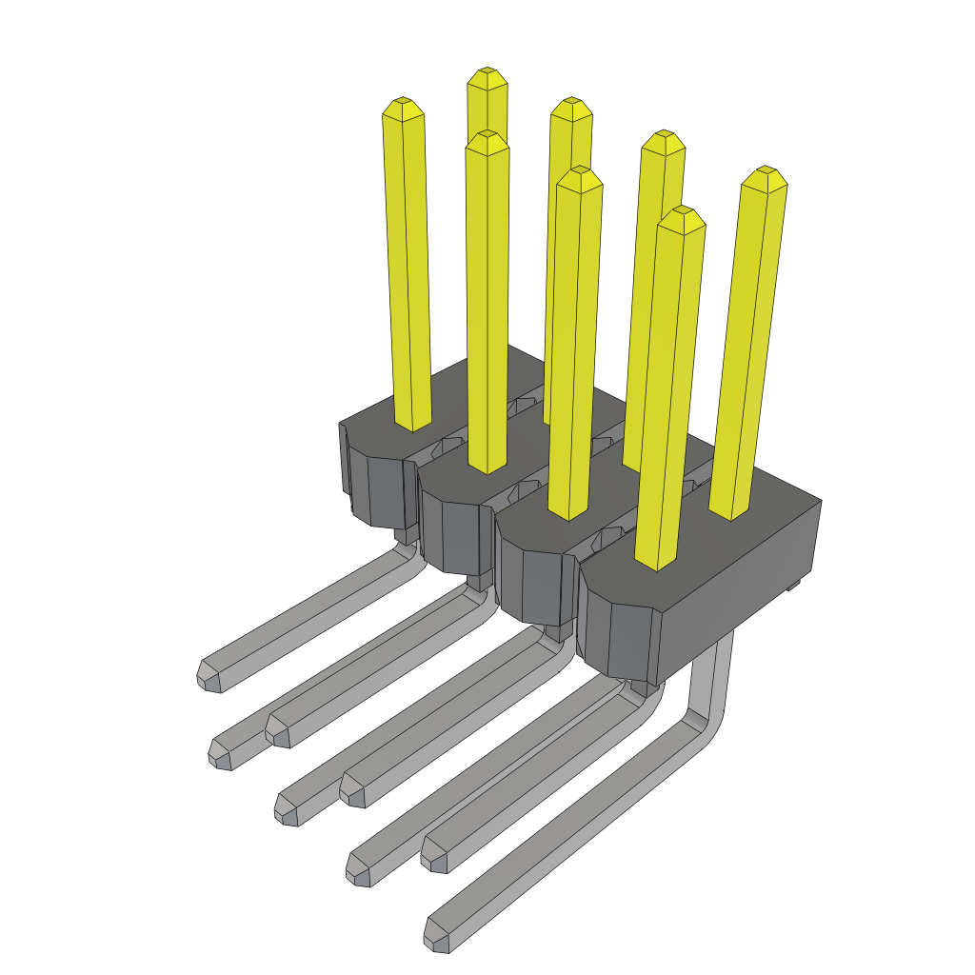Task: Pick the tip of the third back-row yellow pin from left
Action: click(x=663, y=141)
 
